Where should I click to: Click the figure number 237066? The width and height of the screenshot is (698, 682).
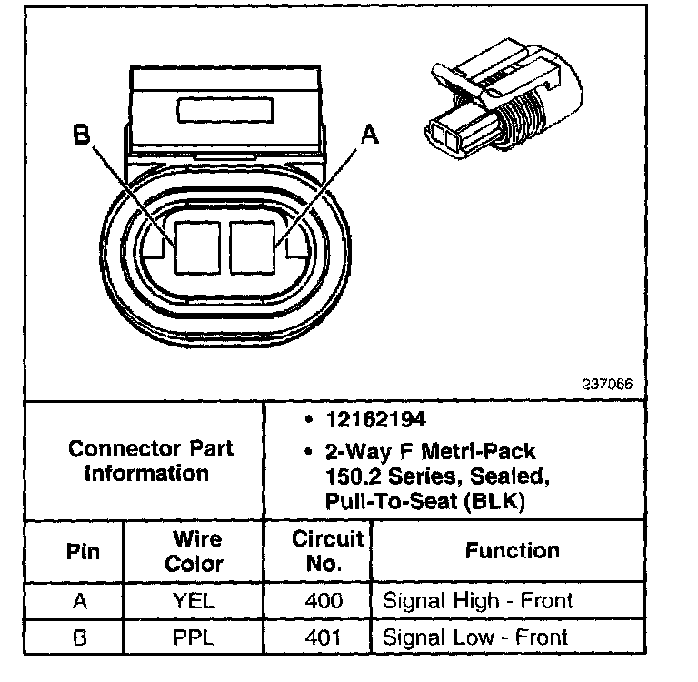click(x=606, y=383)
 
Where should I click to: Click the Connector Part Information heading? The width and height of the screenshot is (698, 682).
click(x=151, y=460)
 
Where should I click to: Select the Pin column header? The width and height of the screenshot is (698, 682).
click(x=83, y=552)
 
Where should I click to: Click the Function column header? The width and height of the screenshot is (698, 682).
click(x=512, y=550)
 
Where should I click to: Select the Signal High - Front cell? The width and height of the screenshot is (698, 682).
click(x=477, y=601)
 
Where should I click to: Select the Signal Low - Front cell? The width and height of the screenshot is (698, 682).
click(x=475, y=637)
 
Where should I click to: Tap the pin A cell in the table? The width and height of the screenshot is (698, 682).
click(x=81, y=601)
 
